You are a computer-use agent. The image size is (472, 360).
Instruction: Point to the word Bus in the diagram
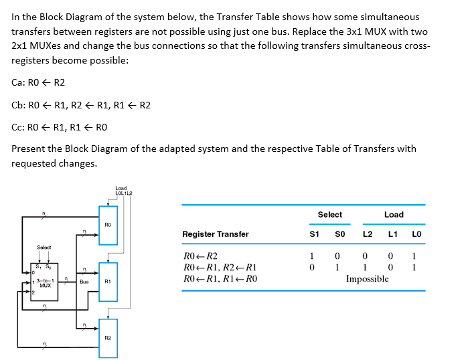pos(84,282)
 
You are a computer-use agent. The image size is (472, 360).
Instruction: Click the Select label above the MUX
pos(44,248)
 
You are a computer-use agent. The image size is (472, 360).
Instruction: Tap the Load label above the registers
pos(121,188)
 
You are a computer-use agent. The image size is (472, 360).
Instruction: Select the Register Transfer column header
pos(215,234)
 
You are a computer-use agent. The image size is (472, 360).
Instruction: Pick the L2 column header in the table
pos(368,234)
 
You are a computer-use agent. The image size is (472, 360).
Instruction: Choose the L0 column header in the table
pos(416,234)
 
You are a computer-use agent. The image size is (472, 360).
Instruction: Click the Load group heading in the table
pos(394,215)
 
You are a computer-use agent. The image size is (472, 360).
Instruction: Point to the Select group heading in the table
pos(329,215)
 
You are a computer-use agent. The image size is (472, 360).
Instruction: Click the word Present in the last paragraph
pos(29,149)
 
